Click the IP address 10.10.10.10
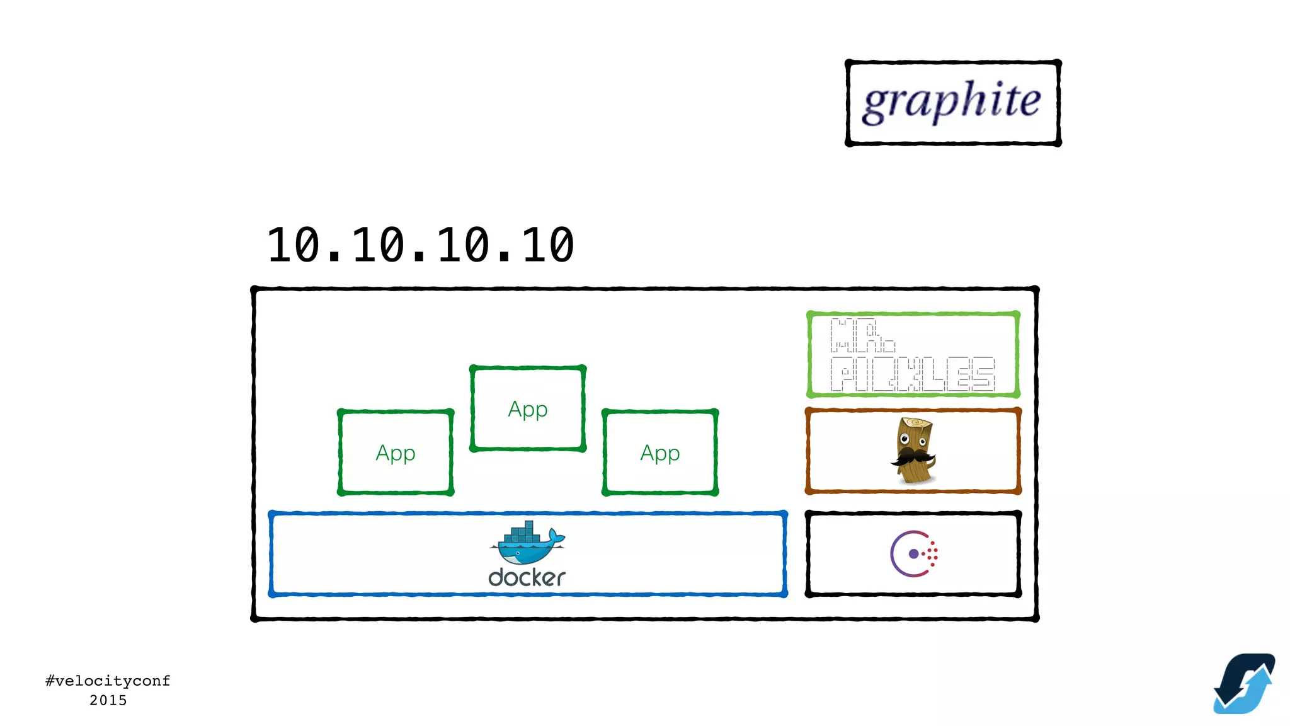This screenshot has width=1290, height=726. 421,245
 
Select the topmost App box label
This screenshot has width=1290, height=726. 528,409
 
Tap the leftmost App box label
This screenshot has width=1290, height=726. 396,452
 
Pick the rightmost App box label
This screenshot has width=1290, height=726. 660,452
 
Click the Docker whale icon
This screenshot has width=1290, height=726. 527,543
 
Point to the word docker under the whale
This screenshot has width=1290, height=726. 527,577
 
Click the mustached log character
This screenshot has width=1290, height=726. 913,450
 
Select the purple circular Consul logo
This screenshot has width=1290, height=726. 913,553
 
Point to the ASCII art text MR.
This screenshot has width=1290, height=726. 862,335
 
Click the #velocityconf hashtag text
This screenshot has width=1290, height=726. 108,681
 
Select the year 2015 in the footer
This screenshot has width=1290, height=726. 108,700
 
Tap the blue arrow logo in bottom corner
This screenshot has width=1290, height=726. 1244,684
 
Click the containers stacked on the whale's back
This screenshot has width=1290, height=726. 523,533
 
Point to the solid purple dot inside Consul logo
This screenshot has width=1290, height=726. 913,554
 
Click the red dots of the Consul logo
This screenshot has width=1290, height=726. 933,553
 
